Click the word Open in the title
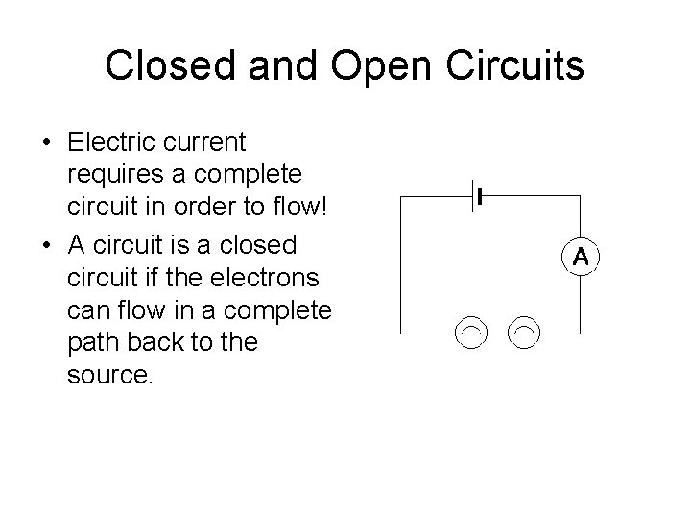tap(370, 65)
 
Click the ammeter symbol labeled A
tap(581, 258)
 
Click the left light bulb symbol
tap(472, 333)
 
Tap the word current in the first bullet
tap(204, 143)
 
